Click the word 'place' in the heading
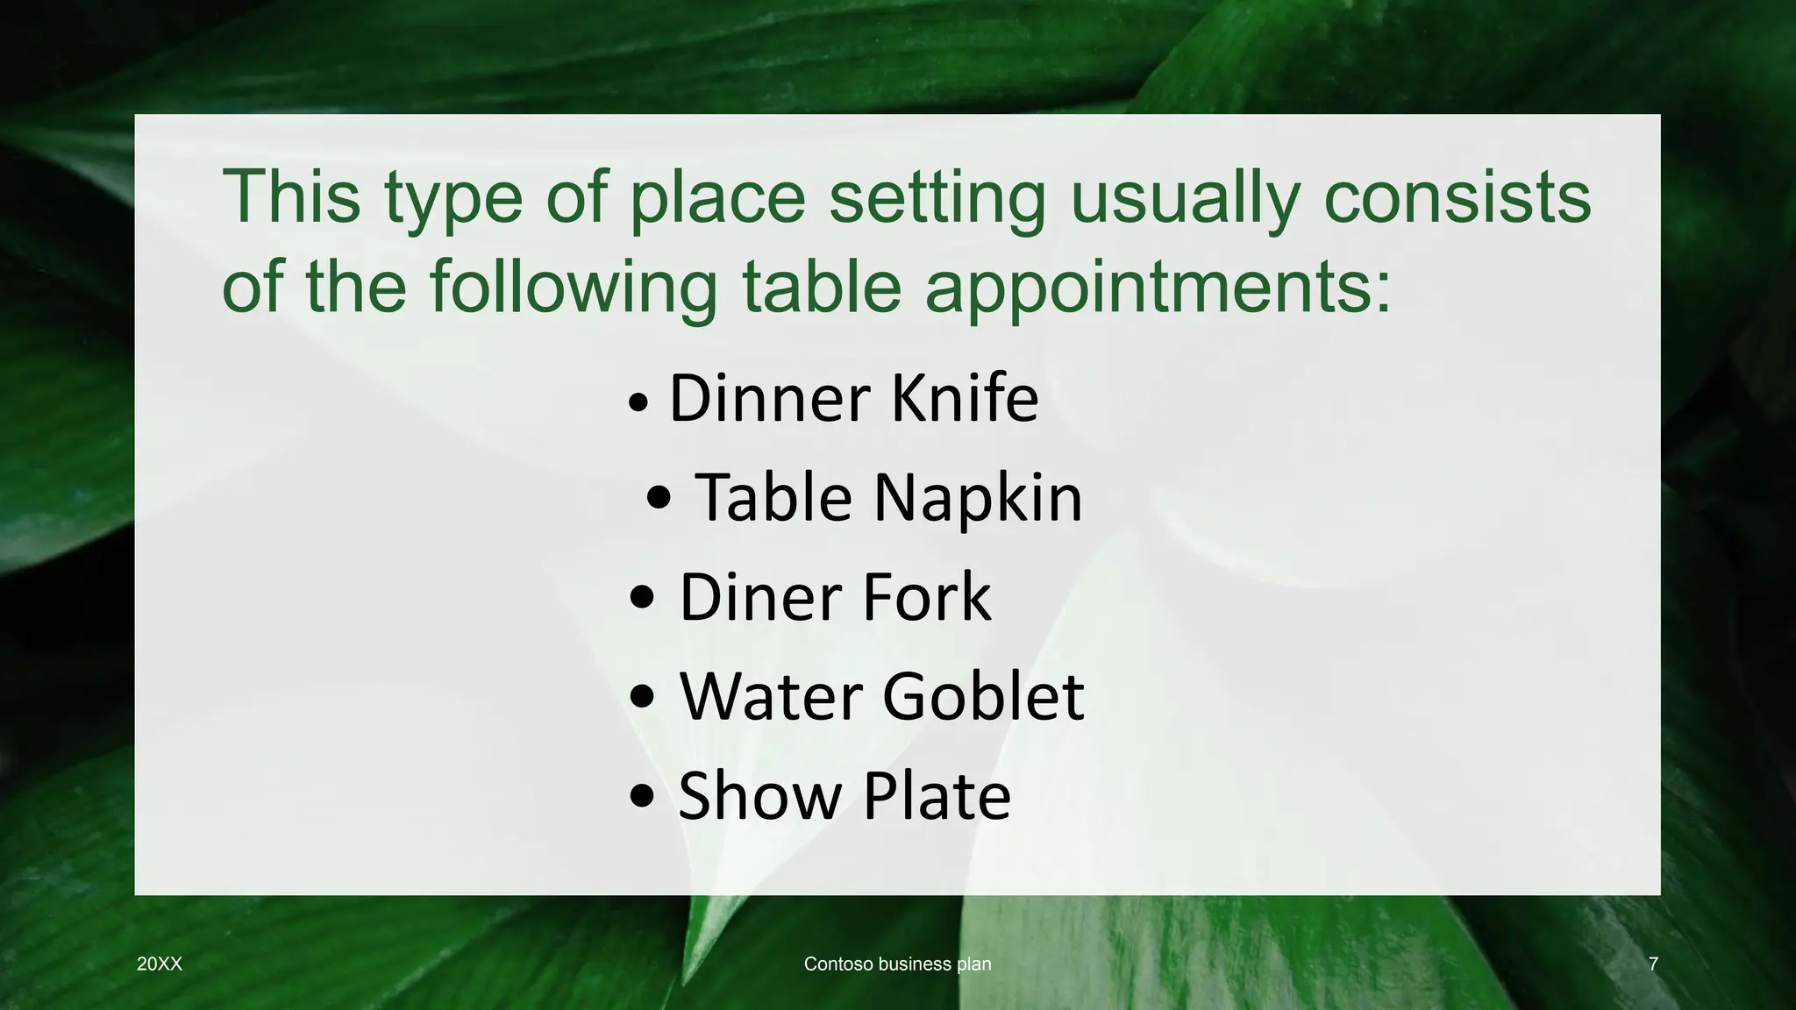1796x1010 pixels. tap(716, 198)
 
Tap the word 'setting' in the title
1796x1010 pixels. tap(937, 198)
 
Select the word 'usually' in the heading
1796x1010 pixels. tap(1185, 198)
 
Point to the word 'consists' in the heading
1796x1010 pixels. tap(1457, 198)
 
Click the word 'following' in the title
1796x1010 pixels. tap(573, 287)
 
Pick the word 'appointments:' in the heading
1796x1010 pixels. tap(1158, 287)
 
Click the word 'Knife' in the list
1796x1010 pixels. tap(965, 399)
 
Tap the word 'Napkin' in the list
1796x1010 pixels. tap(978, 498)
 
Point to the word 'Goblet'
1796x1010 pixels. tap(983, 697)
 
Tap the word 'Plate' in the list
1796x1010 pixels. tap(937, 796)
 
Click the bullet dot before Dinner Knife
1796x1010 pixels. tap(639, 404)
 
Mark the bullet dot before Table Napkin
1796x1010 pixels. tap(659, 499)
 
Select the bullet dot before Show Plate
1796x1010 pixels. tap(642, 796)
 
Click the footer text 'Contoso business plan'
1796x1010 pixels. tap(897, 964)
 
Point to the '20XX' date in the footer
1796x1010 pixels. tap(160, 964)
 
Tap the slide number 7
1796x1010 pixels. tap(1653, 964)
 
